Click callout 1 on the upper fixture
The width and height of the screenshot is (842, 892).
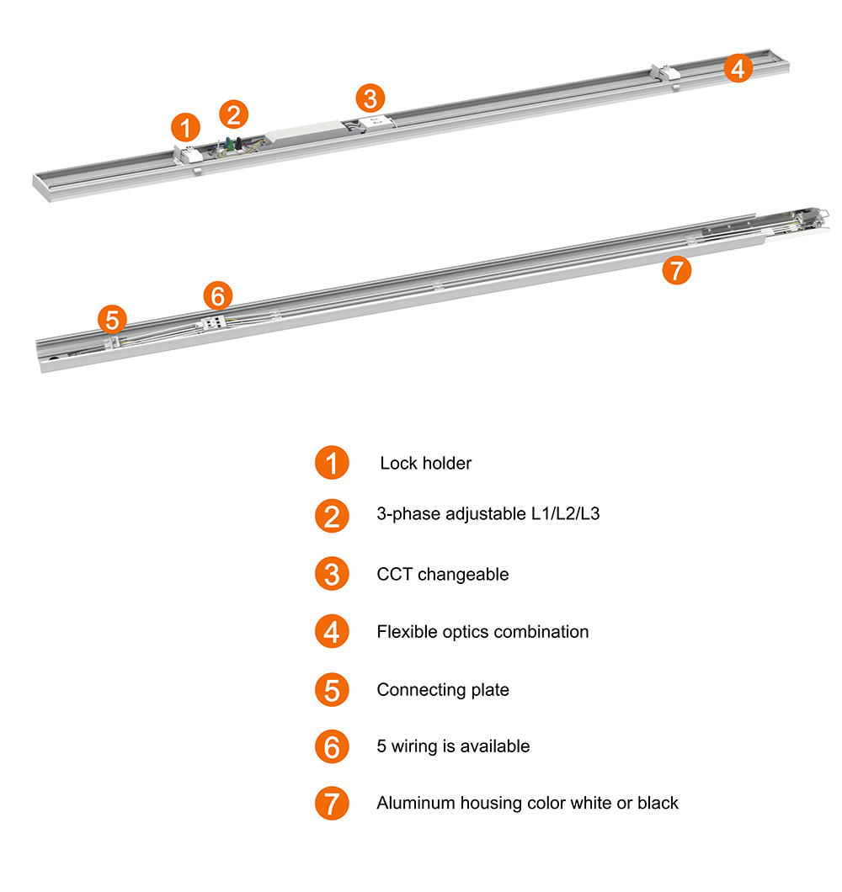click(185, 127)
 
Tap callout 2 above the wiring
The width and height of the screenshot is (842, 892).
click(233, 114)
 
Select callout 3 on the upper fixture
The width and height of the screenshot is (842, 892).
click(370, 98)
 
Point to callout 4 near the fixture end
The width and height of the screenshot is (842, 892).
click(738, 68)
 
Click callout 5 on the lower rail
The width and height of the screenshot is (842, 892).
click(112, 319)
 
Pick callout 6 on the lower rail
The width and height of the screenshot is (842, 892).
click(218, 295)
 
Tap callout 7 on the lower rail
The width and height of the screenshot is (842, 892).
click(676, 270)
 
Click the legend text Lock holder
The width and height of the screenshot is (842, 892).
click(426, 463)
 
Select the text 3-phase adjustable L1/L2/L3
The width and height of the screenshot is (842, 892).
click(488, 513)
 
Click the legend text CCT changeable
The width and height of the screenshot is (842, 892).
click(443, 574)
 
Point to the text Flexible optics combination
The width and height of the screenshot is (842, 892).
click(482, 631)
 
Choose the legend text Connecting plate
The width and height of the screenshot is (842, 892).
click(443, 689)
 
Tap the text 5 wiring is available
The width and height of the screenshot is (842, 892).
click(453, 746)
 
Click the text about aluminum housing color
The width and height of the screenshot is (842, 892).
click(527, 803)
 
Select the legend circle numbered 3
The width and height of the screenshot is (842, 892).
click(332, 573)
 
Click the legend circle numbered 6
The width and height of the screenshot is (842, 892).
click(332, 746)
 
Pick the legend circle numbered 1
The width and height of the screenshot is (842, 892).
click(332, 463)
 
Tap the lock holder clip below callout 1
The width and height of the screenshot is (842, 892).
click(187, 154)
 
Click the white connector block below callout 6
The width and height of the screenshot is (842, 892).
click(212, 322)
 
